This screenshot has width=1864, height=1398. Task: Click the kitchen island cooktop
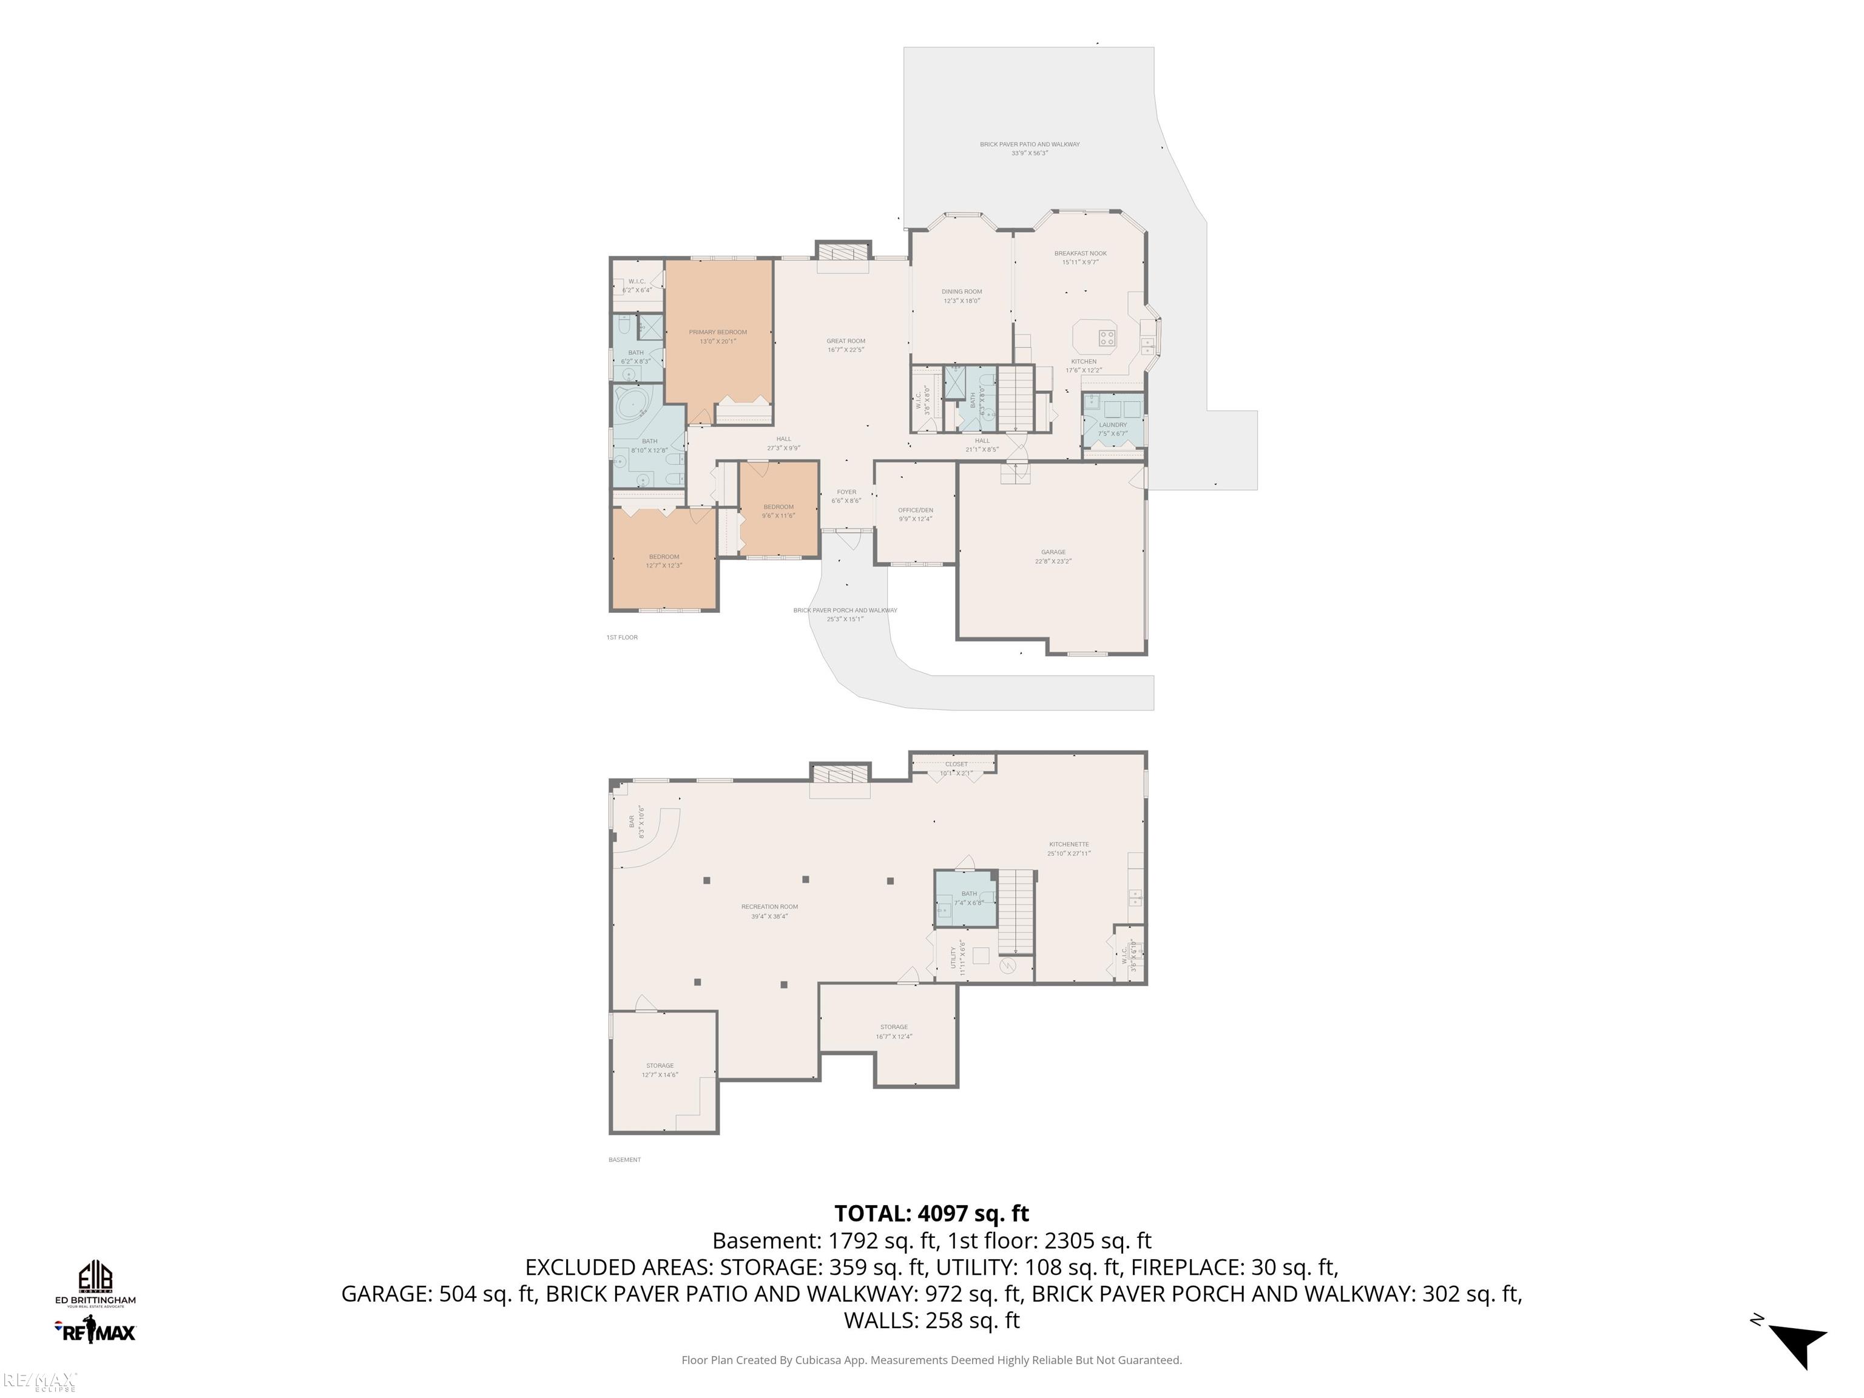tap(1106, 338)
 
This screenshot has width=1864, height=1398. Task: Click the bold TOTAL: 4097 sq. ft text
tap(931, 1214)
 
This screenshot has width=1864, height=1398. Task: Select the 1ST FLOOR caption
tap(622, 637)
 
